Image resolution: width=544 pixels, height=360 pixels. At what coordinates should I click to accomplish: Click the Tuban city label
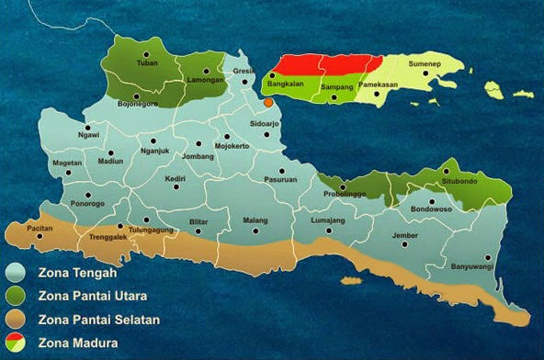[147, 63]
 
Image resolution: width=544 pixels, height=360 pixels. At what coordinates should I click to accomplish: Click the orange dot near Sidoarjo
[268, 103]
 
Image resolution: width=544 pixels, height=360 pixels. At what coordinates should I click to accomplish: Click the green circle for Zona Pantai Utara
[15, 296]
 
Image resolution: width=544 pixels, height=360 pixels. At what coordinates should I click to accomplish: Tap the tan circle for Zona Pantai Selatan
[15, 320]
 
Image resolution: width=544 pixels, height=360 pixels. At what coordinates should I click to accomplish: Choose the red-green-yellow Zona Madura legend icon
[15, 343]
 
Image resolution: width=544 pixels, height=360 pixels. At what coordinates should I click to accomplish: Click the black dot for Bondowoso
[431, 201]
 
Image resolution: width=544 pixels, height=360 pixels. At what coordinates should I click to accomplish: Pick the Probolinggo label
[345, 196]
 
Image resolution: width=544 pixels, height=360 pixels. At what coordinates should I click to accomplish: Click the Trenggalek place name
[99, 237]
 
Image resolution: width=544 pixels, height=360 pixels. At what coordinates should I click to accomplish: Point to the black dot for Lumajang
[327, 230]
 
